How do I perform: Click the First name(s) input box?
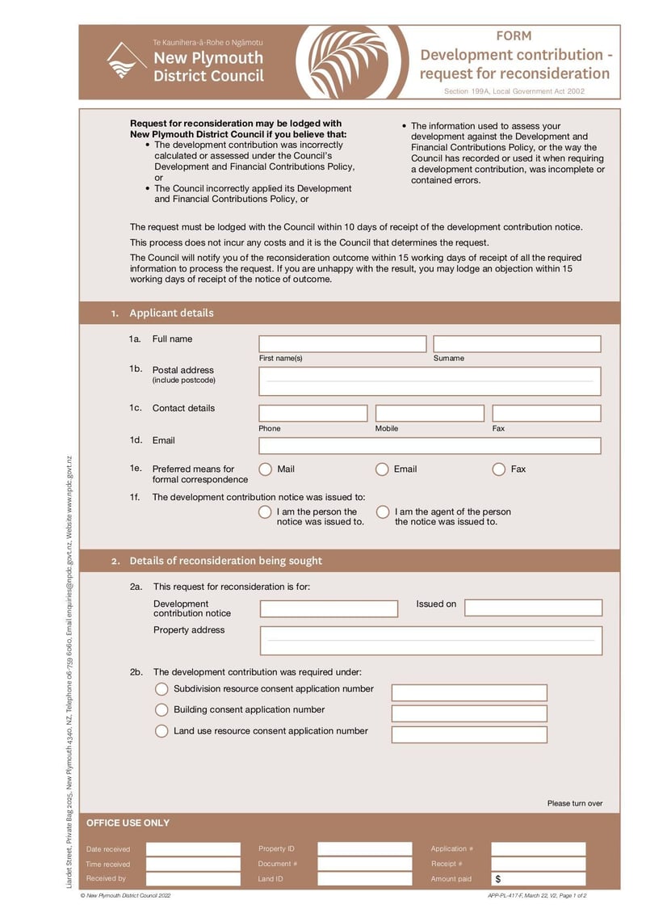[342, 344]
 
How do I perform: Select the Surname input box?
[517, 344]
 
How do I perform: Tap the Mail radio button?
[265, 469]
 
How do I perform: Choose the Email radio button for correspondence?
[382, 469]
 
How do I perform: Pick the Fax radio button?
[499, 469]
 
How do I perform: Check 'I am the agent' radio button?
[382, 512]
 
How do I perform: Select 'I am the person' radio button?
[265, 512]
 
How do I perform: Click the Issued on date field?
[533, 608]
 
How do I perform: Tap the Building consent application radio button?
[161, 710]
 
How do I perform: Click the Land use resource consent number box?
[469, 734]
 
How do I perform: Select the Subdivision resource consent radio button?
[161, 689]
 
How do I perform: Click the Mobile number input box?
[430, 414]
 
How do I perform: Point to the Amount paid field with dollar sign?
[539, 878]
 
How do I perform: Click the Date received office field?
[193, 849]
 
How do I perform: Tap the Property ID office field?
[364, 849]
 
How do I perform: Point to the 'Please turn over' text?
[575, 803]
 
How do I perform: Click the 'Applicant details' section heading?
[171, 313]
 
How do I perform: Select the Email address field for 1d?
[430, 446]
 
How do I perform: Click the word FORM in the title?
[514, 36]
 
